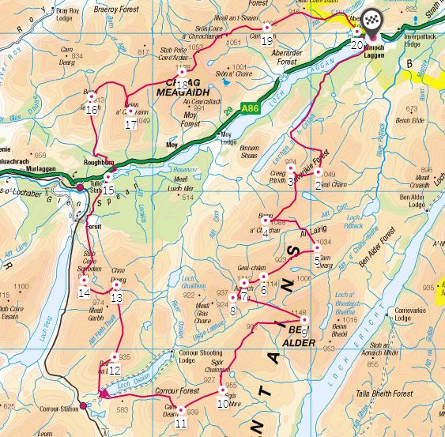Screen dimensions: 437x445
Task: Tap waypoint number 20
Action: pos(357,44)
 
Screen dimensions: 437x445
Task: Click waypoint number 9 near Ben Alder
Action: pos(304,332)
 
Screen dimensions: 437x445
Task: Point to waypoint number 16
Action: pos(92,109)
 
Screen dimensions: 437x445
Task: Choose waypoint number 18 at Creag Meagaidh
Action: pos(182,85)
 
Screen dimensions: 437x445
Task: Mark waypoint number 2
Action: pos(318,185)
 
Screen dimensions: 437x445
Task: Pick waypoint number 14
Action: pos(84,292)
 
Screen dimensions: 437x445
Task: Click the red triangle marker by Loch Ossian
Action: pos(102,392)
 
